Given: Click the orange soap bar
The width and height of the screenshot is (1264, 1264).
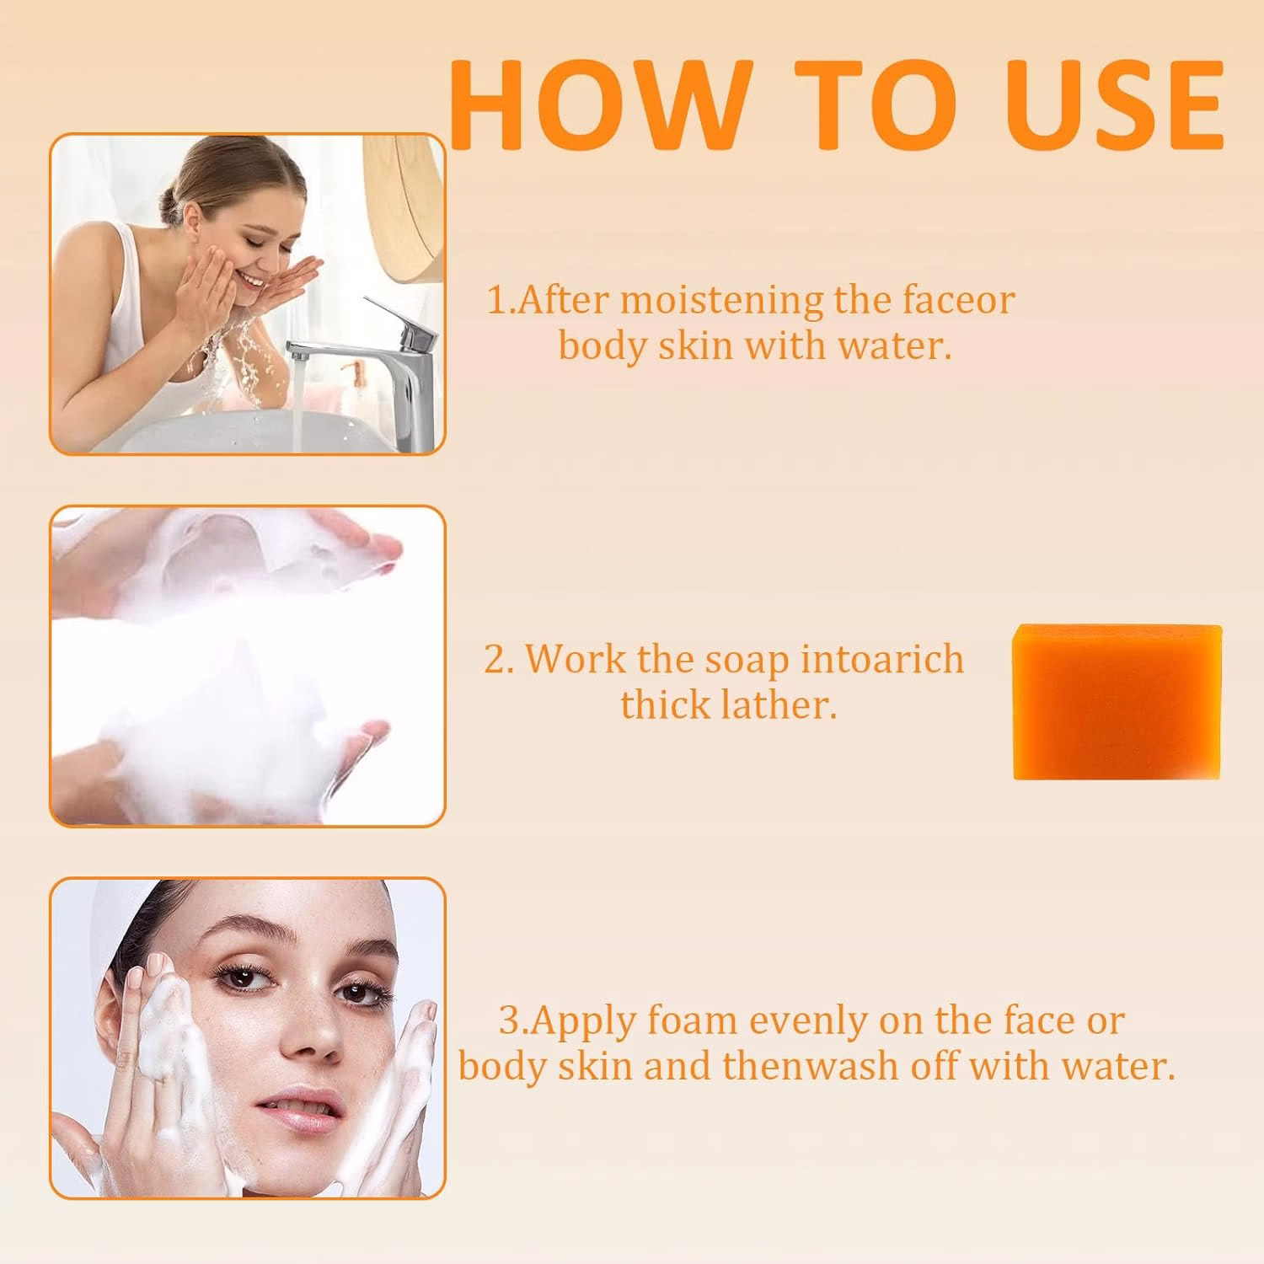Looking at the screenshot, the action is point(1117,702).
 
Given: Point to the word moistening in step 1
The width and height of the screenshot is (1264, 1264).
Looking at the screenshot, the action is point(721,301).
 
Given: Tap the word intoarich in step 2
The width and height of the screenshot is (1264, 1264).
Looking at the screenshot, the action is point(881,659).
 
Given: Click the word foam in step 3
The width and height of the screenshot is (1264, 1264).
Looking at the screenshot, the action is point(692,1020).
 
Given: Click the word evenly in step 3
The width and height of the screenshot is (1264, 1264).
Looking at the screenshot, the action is point(809,1022).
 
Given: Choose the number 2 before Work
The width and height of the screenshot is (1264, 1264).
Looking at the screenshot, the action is point(497,660).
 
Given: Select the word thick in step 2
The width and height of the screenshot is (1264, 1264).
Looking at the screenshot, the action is point(660,704).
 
